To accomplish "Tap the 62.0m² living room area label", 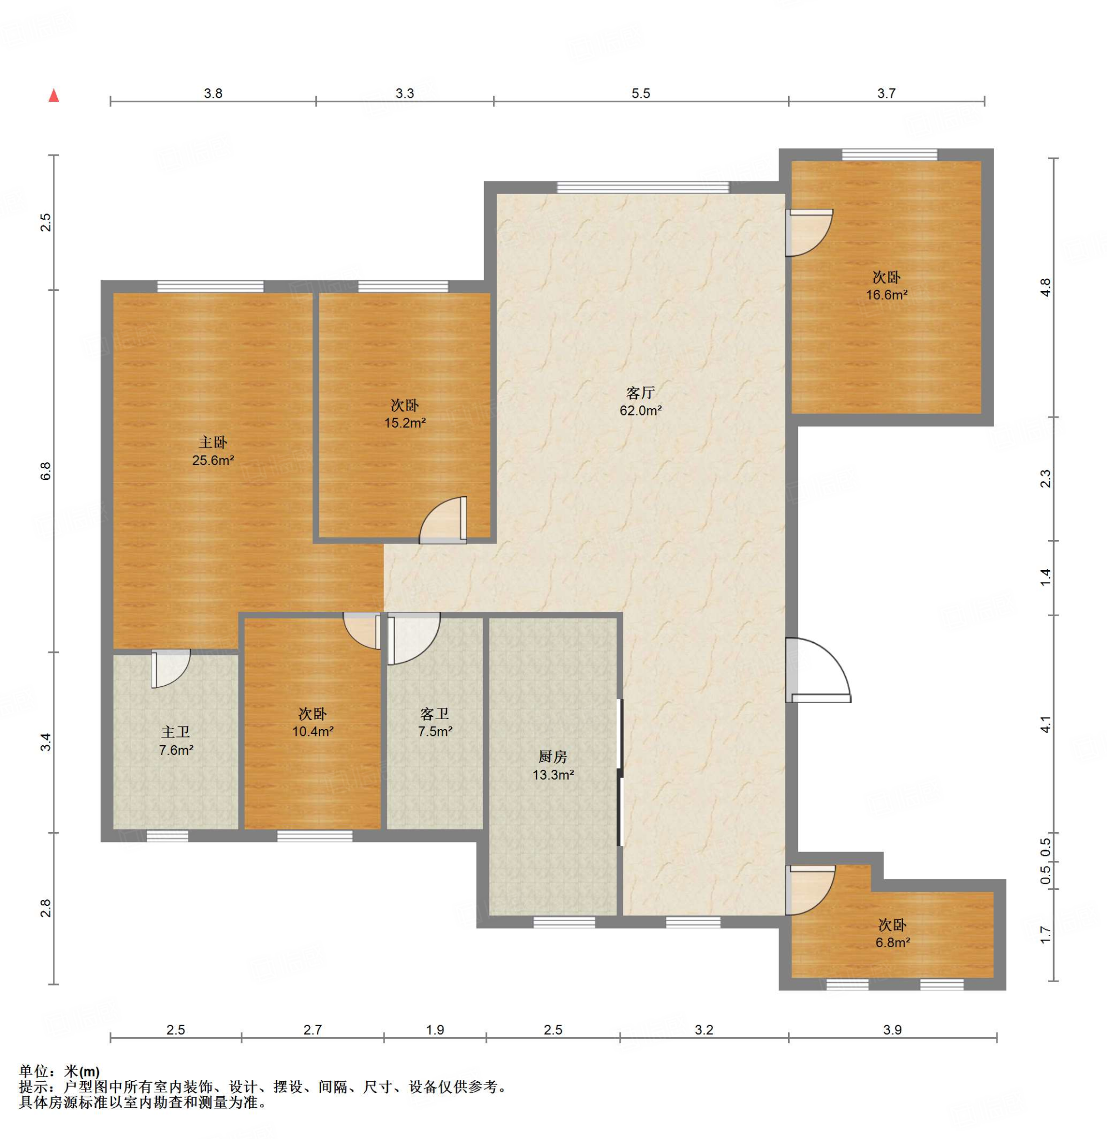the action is (x=641, y=410).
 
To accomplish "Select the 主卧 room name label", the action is (x=213, y=443).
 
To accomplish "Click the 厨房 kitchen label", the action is (x=552, y=757).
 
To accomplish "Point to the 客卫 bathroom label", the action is (x=435, y=714).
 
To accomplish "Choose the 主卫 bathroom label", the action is (x=176, y=732).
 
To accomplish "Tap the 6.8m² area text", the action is (x=892, y=942).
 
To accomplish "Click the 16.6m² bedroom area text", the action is (x=886, y=295).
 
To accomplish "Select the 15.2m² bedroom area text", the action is (x=405, y=423).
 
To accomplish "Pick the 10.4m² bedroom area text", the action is (x=313, y=732).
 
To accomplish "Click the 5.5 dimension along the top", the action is (x=641, y=93).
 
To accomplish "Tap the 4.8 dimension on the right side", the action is (x=1046, y=288).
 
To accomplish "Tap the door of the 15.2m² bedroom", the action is (x=443, y=520).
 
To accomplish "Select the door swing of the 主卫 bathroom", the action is (x=171, y=669).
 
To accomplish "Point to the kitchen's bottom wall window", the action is (x=565, y=923).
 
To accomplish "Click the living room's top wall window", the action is (x=642, y=187).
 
